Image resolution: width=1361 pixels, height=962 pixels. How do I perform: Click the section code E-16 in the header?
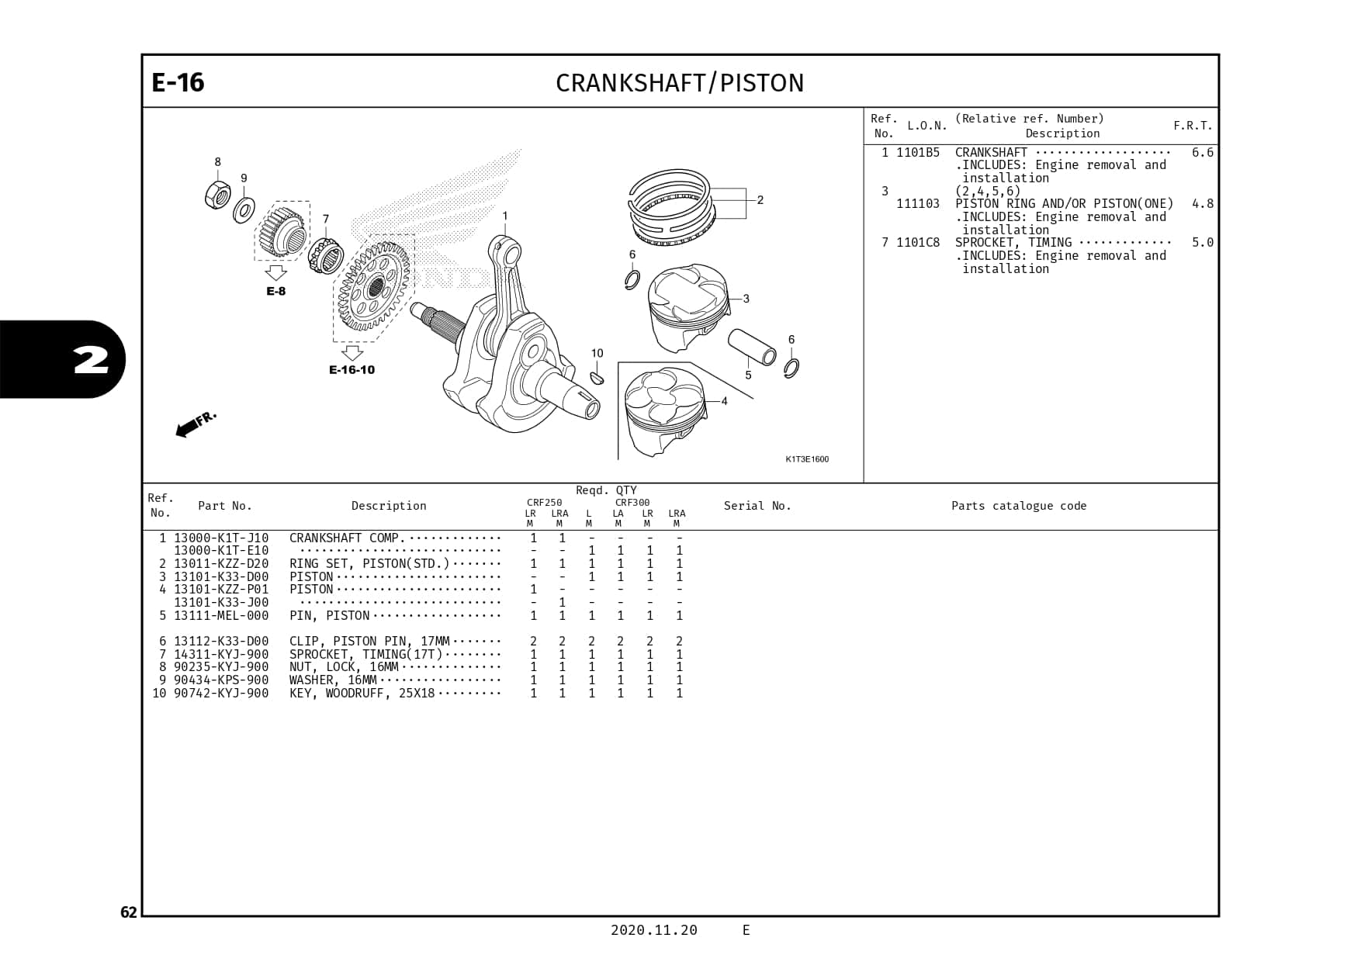178,82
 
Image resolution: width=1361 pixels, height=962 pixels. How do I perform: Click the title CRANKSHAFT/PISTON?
680,83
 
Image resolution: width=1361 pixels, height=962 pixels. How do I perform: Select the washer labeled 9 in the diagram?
244,209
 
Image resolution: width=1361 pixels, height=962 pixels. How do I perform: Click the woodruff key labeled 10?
597,378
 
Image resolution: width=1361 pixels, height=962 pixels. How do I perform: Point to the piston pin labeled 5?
752,348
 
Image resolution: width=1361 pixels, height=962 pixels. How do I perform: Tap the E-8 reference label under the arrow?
276,291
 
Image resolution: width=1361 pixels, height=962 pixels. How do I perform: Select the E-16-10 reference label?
352,369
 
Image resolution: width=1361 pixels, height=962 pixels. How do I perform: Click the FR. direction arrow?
195,424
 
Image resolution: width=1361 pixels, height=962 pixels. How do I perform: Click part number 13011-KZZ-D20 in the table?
221,564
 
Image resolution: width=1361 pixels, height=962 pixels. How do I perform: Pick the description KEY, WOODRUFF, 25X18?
362,694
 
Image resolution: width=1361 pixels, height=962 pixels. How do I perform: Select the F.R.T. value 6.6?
1202,153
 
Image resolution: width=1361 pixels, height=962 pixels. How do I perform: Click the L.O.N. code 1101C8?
918,243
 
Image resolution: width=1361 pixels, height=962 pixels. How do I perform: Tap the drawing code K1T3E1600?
807,459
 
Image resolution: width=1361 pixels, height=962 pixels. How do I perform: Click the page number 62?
128,912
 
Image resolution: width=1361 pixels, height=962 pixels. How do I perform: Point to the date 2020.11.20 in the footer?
653,930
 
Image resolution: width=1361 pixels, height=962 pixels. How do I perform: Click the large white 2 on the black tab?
91,360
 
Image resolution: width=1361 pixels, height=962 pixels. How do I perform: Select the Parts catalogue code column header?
1019,506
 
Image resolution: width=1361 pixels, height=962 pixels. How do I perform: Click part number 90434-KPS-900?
221,680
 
